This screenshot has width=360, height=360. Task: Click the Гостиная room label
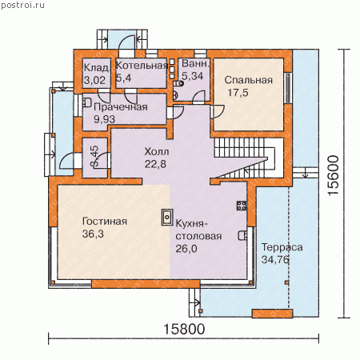[105, 222]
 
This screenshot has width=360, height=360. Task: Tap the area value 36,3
[93, 234]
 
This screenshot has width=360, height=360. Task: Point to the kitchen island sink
[167, 218]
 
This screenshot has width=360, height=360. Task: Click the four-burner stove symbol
[242, 206]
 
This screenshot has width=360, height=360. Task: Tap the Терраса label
[282, 247]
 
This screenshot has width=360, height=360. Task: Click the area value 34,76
[275, 259]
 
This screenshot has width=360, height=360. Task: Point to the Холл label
[157, 151]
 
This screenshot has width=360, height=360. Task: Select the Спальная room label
[248, 80]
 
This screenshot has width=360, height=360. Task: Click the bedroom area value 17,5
[238, 93]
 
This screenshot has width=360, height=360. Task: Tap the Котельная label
[142, 66]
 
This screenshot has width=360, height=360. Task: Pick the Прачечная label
[121, 107]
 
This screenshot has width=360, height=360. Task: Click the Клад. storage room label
[97, 68]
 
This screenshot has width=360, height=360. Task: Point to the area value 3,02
[94, 80]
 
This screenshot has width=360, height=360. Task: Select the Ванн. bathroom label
[195, 63]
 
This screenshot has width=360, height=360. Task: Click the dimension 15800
[184, 329]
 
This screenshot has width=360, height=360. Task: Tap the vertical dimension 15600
[334, 176]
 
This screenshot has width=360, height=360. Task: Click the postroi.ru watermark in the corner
[22, 6]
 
